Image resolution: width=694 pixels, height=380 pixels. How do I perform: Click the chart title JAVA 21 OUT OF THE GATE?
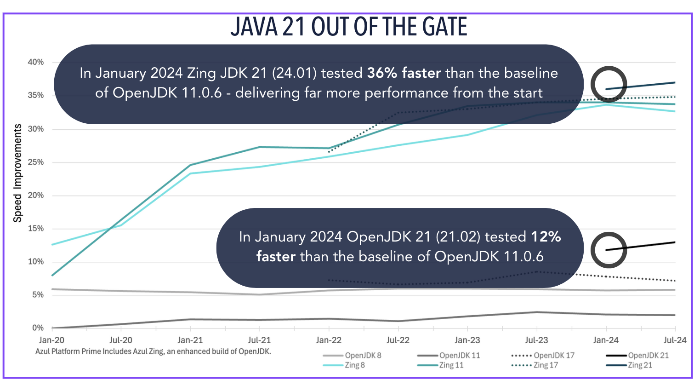tap(348, 27)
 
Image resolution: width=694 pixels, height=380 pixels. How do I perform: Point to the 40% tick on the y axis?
tap(35, 62)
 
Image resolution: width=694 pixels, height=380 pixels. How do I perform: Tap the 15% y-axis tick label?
tap(35, 229)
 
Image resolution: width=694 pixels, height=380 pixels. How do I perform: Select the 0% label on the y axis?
tap(38, 328)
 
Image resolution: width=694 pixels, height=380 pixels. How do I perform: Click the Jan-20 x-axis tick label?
tap(51, 340)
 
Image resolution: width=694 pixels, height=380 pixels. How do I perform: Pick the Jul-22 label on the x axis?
tap(398, 340)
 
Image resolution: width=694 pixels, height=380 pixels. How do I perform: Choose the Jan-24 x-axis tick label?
tap(606, 340)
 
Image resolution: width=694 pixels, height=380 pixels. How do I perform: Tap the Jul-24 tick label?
tap(675, 340)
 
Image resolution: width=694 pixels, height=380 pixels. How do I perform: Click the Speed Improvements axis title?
tap(17, 173)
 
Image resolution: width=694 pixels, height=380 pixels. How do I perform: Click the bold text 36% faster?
tap(404, 73)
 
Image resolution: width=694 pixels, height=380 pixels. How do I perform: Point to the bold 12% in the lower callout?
tap(546, 237)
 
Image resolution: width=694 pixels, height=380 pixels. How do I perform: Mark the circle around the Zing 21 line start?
tap(609, 84)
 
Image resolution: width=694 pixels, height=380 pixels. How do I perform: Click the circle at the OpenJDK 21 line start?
tap(609, 250)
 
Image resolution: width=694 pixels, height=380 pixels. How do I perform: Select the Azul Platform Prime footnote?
tap(153, 351)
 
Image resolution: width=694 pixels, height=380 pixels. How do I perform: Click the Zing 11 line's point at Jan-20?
tap(52, 275)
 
